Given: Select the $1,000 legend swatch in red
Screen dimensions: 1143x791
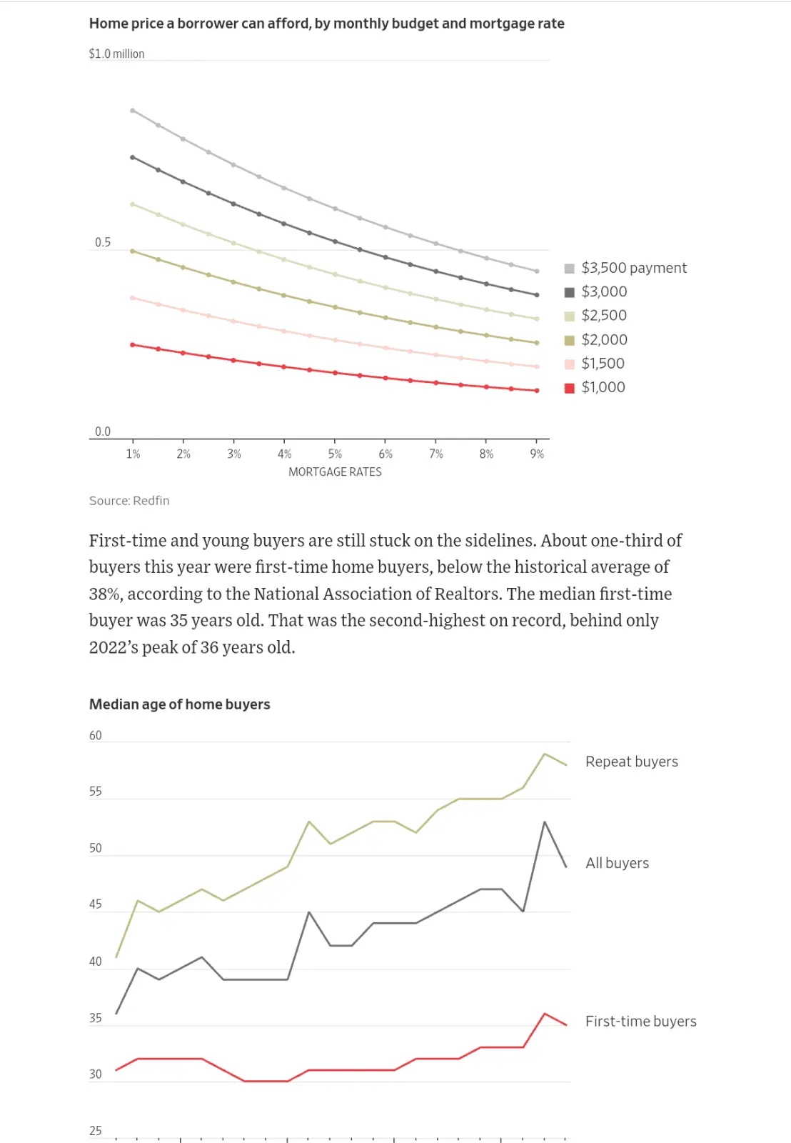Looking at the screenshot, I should [570, 388].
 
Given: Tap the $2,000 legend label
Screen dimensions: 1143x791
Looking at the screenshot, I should [604, 339].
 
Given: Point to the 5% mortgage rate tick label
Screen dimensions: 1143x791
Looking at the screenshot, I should [335, 454].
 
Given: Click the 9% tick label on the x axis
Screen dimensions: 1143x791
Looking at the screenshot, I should [537, 454].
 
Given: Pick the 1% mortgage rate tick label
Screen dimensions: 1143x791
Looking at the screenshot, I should [133, 454].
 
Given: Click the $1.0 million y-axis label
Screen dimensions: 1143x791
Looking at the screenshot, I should [116, 54].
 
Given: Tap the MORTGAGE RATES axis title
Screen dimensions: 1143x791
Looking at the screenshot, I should [335, 472].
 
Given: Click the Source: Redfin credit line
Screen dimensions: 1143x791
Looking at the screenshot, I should [129, 501].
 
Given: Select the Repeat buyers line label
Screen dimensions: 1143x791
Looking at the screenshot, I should [631, 762].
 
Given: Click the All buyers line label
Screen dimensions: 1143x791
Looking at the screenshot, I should [617, 863].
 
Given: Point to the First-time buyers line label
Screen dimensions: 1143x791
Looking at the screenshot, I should [640, 1022].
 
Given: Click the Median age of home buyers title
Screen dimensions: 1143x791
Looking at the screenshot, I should [179, 704].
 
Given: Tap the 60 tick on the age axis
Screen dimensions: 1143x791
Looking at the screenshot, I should [96, 736].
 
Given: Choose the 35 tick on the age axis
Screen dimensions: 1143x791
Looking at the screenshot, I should [96, 1018].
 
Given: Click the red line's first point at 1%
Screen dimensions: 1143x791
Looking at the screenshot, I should [133, 345].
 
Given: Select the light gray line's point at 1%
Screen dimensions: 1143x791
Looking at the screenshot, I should [133, 111].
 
